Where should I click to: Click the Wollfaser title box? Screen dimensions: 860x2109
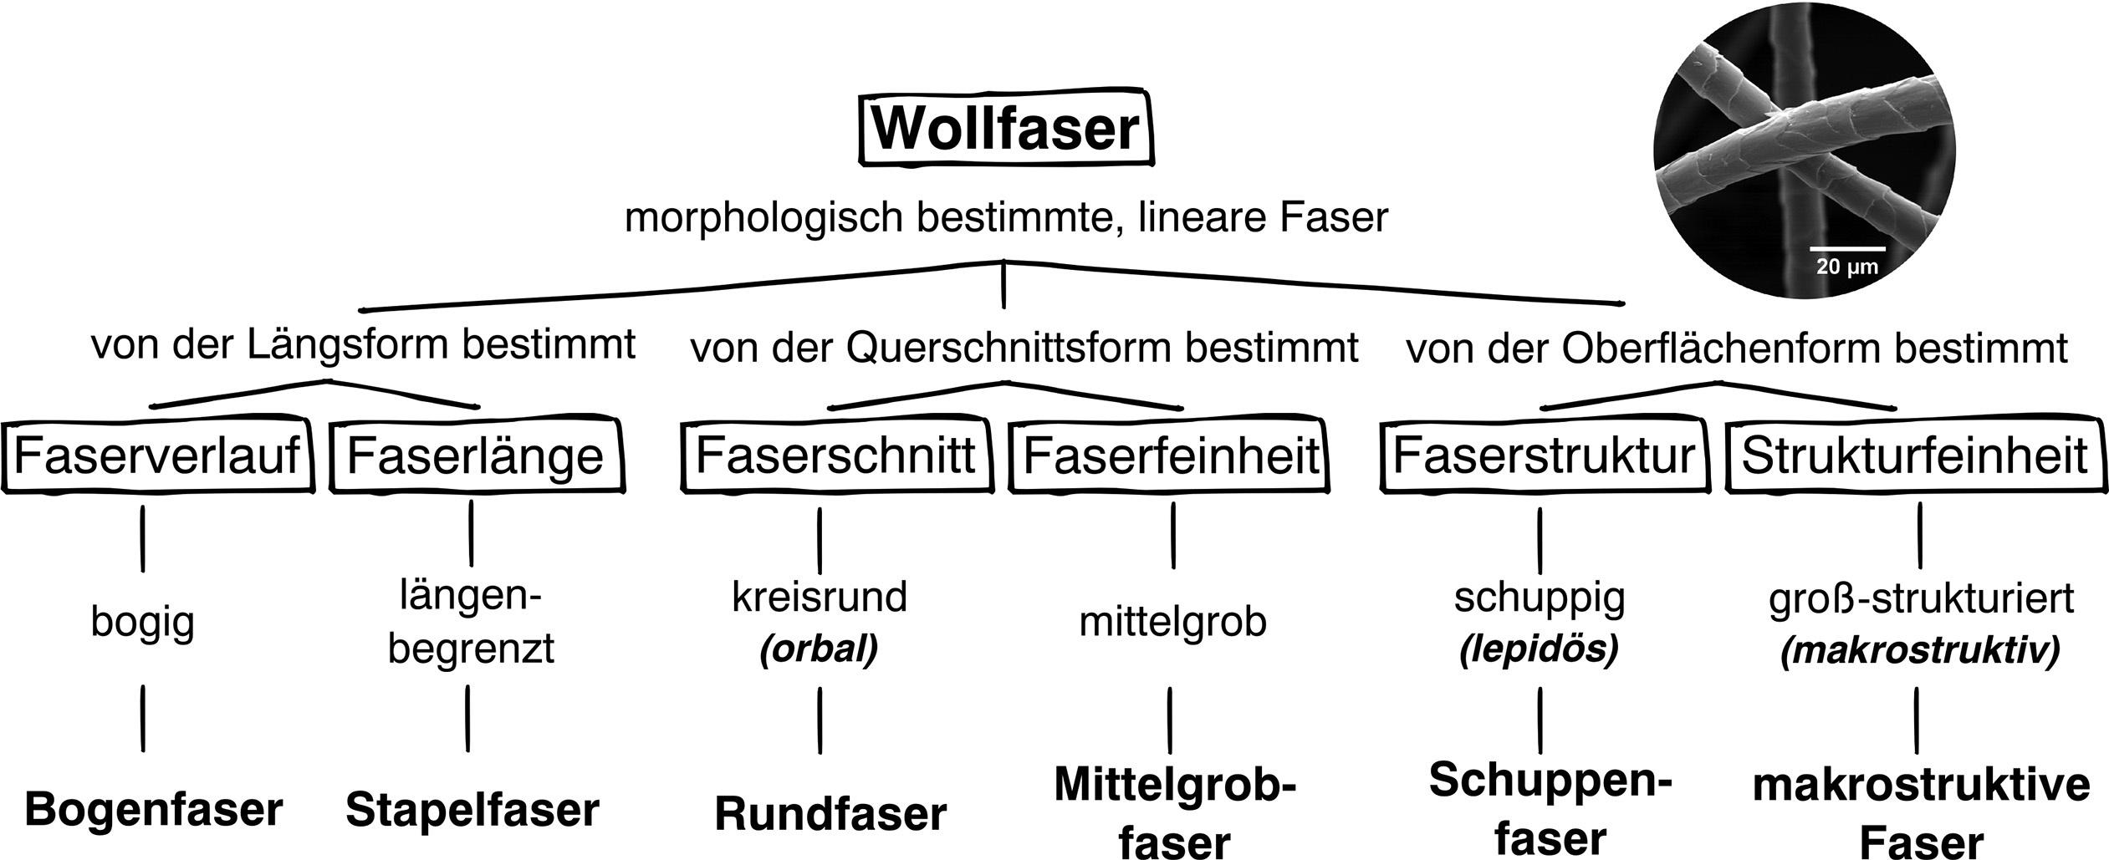tap(1006, 129)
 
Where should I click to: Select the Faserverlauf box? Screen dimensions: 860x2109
tap(157, 456)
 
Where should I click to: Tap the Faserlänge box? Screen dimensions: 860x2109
tap(475, 456)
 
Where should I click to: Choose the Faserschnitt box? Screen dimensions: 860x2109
tap(835, 456)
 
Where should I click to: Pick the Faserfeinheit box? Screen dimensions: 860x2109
tap(1171, 456)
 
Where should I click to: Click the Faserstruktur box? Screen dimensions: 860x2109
tap(1544, 456)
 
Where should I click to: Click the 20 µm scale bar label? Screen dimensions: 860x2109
tap(1847, 268)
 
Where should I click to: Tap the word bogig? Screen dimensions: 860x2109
tap(142, 623)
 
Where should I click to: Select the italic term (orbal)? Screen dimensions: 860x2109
tap(819, 649)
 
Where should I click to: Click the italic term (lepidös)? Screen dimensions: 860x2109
tap(1539, 649)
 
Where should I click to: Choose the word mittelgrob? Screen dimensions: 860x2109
tap(1172, 622)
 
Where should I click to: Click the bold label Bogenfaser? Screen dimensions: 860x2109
tap(154, 810)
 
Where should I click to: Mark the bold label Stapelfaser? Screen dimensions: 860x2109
tap(472, 810)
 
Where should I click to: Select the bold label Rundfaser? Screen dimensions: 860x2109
tap(830, 814)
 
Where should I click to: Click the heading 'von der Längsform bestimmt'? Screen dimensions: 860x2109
tap(363, 344)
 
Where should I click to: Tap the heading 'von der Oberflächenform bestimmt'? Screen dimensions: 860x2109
tap(1737, 348)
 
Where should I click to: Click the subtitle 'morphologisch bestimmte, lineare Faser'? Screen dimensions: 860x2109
tap(1006, 219)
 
